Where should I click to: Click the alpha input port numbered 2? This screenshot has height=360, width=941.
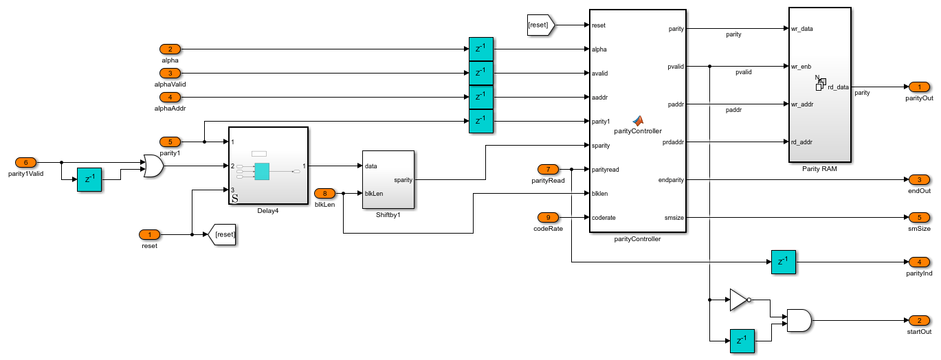170,49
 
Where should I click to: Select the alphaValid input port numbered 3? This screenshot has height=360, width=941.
170,73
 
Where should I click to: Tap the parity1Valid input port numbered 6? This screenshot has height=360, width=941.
26,162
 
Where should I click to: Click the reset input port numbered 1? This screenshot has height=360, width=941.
149,234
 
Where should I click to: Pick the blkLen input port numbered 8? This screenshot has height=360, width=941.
324,193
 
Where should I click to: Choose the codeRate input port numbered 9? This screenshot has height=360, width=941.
548,217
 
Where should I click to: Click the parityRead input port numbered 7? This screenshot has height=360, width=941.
548,169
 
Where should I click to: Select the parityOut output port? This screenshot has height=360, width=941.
919,87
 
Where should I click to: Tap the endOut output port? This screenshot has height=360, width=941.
919,179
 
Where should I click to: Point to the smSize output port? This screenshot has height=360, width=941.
919,217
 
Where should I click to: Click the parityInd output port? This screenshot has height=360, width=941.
919,262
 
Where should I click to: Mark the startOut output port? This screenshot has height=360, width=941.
919,320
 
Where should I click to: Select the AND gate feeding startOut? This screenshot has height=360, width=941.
798,320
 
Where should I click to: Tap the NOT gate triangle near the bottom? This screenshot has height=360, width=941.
738,300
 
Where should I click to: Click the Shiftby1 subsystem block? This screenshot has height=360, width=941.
388,179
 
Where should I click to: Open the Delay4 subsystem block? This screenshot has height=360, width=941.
267,166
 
